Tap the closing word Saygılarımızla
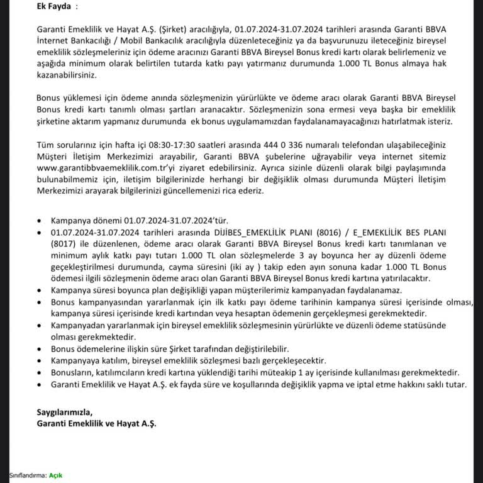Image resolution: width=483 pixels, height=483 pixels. [x=64, y=413]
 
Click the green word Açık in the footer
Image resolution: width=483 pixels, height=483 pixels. [x=56, y=475]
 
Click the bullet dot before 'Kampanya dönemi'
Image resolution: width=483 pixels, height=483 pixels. [x=41, y=221]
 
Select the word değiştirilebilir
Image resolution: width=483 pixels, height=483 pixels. [x=255, y=349]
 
